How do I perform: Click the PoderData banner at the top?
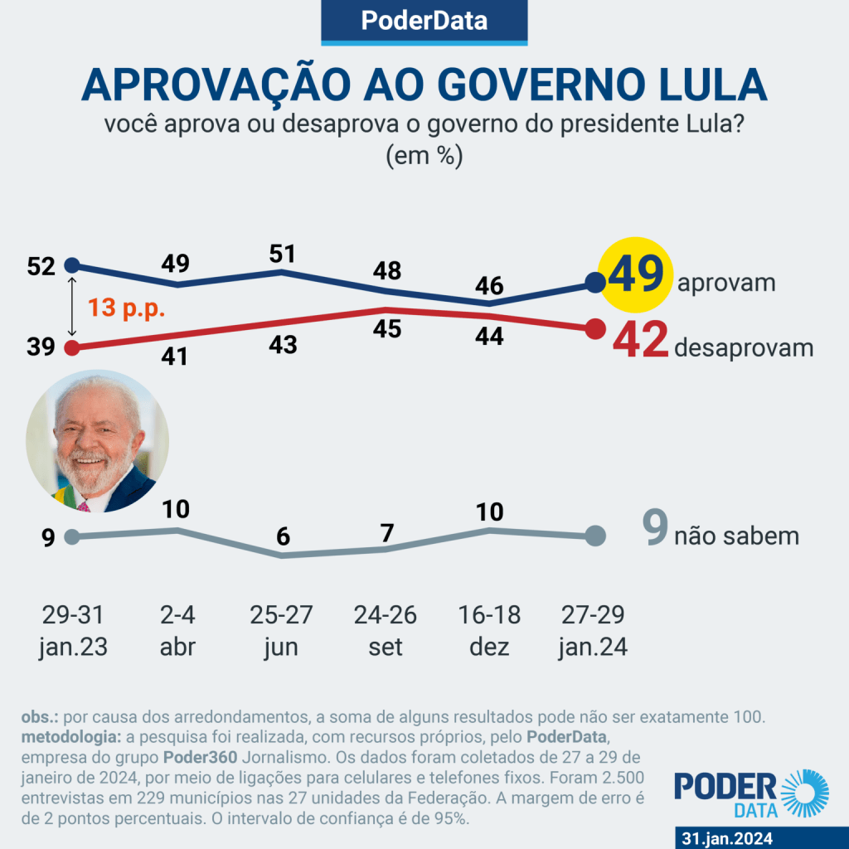(x=424, y=22)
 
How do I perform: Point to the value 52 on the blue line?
(x=41, y=266)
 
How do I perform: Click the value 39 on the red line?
(x=41, y=347)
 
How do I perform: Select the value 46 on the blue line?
(x=489, y=285)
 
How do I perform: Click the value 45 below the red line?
(x=386, y=329)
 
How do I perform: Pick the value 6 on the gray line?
(x=284, y=537)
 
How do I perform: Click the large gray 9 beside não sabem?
(x=655, y=531)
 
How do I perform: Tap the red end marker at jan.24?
(x=594, y=329)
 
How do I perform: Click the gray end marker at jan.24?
(x=594, y=536)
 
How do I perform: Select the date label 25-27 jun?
(x=284, y=631)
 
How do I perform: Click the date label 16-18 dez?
(x=489, y=631)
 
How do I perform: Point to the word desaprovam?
(x=744, y=348)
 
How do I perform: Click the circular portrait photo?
(x=98, y=441)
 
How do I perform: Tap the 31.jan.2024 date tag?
(x=726, y=838)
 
